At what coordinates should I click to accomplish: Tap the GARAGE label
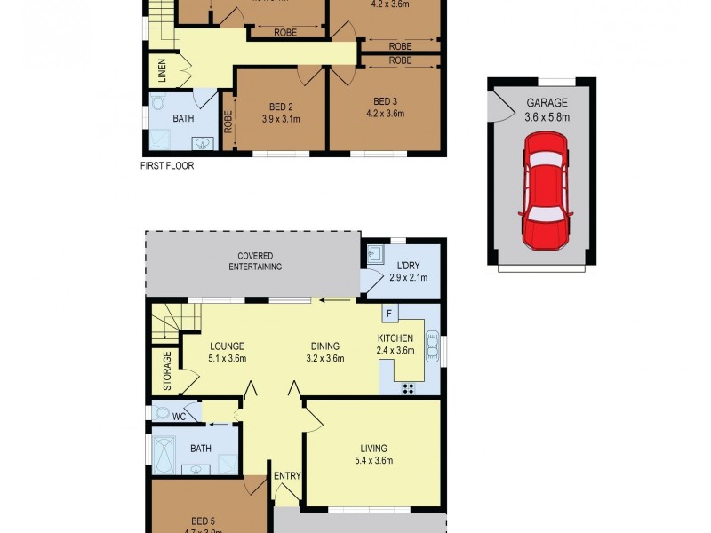click(x=547, y=103)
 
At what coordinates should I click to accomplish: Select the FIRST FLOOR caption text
click(x=167, y=165)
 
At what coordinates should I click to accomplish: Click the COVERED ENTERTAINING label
click(x=254, y=261)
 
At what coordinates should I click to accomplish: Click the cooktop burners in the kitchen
click(x=410, y=386)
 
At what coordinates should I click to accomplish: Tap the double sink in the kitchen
click(x=432, y=346)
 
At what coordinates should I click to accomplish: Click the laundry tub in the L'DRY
click(x=375, y=253)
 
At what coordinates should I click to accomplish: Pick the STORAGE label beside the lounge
click(x=166, y=370)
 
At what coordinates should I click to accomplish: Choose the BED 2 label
click(x=281, y=107)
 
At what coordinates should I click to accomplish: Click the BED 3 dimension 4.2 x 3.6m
click(x=384, y=113)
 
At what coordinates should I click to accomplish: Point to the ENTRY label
click(x=287, y=476)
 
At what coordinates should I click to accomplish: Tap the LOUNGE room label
click(x=227, y=346)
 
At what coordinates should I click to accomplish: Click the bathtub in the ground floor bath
click(x=165, y=454)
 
